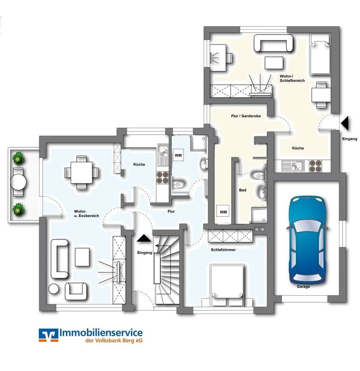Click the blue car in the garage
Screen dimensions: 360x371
(307, 239)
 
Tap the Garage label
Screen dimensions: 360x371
(303, 287)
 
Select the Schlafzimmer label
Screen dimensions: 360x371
(223, 250)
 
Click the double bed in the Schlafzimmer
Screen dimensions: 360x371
(227, 285)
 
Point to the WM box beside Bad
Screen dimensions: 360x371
(223, 212)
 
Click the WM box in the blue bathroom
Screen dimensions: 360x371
(178, 155)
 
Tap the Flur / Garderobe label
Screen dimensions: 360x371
(246, 116)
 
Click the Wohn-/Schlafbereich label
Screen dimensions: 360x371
(292, 78)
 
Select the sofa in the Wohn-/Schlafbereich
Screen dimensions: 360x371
(273, 43)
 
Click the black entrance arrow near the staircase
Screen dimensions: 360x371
(144, 238)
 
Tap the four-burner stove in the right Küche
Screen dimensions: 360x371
(315, 166)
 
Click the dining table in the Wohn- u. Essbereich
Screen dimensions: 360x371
(82, 172)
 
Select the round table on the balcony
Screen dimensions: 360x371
(18, 182)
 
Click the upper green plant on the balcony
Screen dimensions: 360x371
(18, 158)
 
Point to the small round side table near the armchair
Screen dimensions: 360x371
(54, 289)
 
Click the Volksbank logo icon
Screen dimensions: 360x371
(49, 335)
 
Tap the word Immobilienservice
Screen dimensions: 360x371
(101, 333)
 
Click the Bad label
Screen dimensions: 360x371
(243, 190)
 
